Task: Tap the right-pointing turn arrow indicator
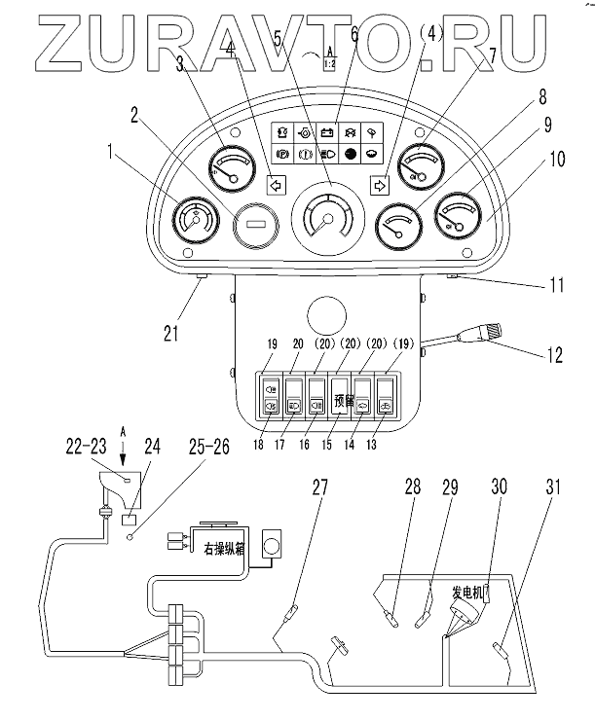coord(379,182)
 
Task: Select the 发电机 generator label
coord(467,591)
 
